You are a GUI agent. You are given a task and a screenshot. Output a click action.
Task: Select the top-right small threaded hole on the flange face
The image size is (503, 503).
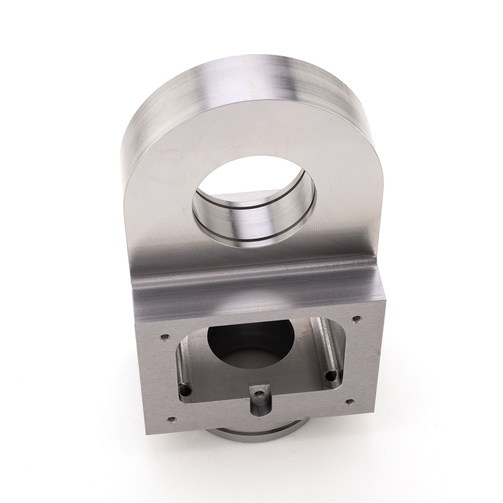pyautogui.click(x=357, y=319)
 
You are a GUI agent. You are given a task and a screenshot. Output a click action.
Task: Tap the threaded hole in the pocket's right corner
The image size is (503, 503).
pyautogui.click(x=331, y=376)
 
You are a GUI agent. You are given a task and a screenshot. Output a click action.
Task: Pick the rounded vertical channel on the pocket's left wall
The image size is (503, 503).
pyautogui.click(x=181, y=365)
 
